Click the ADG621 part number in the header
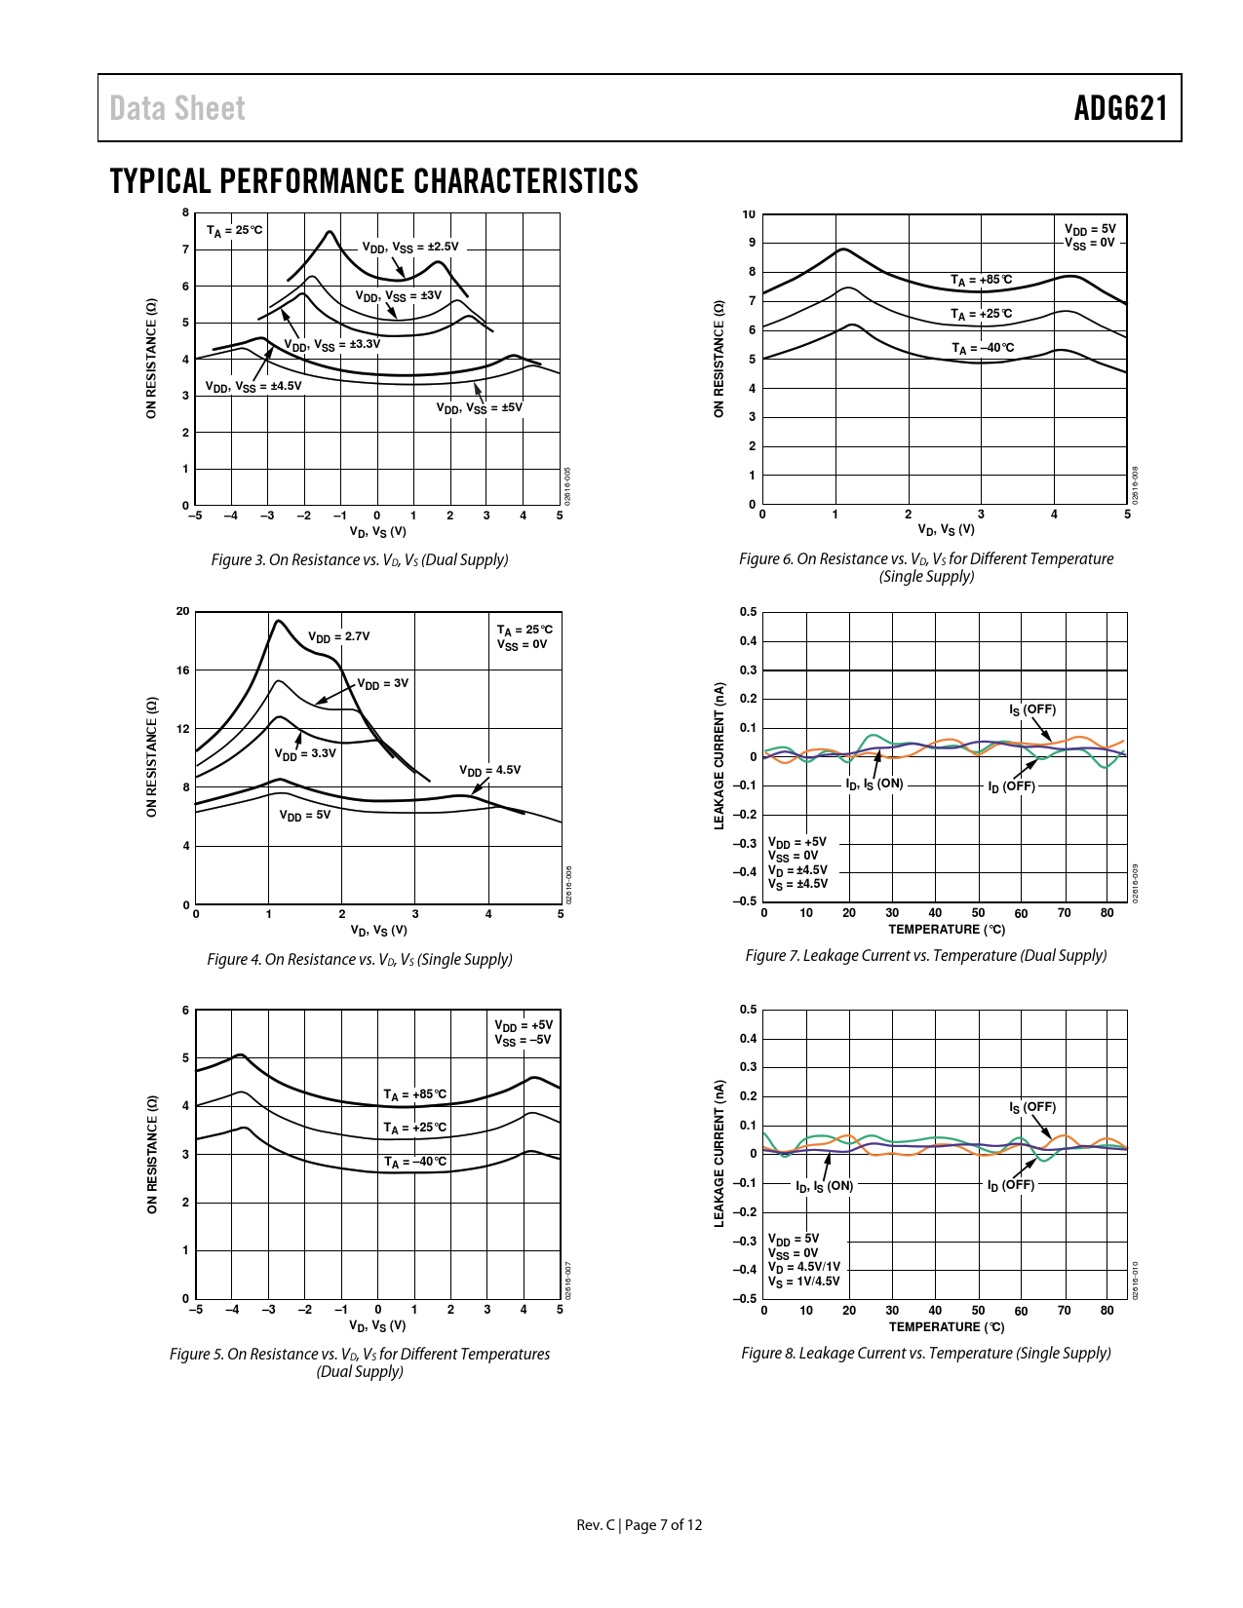pos(1120,108)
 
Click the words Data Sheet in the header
pos(177,108)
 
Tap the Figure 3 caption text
pos(360,559)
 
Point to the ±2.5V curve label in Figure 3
pos(409,248)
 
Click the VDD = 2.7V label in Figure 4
pos(338,637)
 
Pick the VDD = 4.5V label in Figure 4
pos(489,770)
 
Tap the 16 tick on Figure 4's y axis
pos(182,670)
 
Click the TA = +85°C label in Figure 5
pos(414,1094)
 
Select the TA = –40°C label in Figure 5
pos(414,1162)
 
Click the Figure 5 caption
pos(360,1362)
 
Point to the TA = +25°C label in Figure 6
pos(981,314)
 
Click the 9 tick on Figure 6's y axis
pos(752,243)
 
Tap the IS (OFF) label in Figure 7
pos(1031,709)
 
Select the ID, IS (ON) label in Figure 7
pos(874,785)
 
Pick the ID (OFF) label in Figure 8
pos(1010,1185)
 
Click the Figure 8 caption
pos(925,1353)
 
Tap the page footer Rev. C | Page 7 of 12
pos(639,1525)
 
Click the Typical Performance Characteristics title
pos(374,181)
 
